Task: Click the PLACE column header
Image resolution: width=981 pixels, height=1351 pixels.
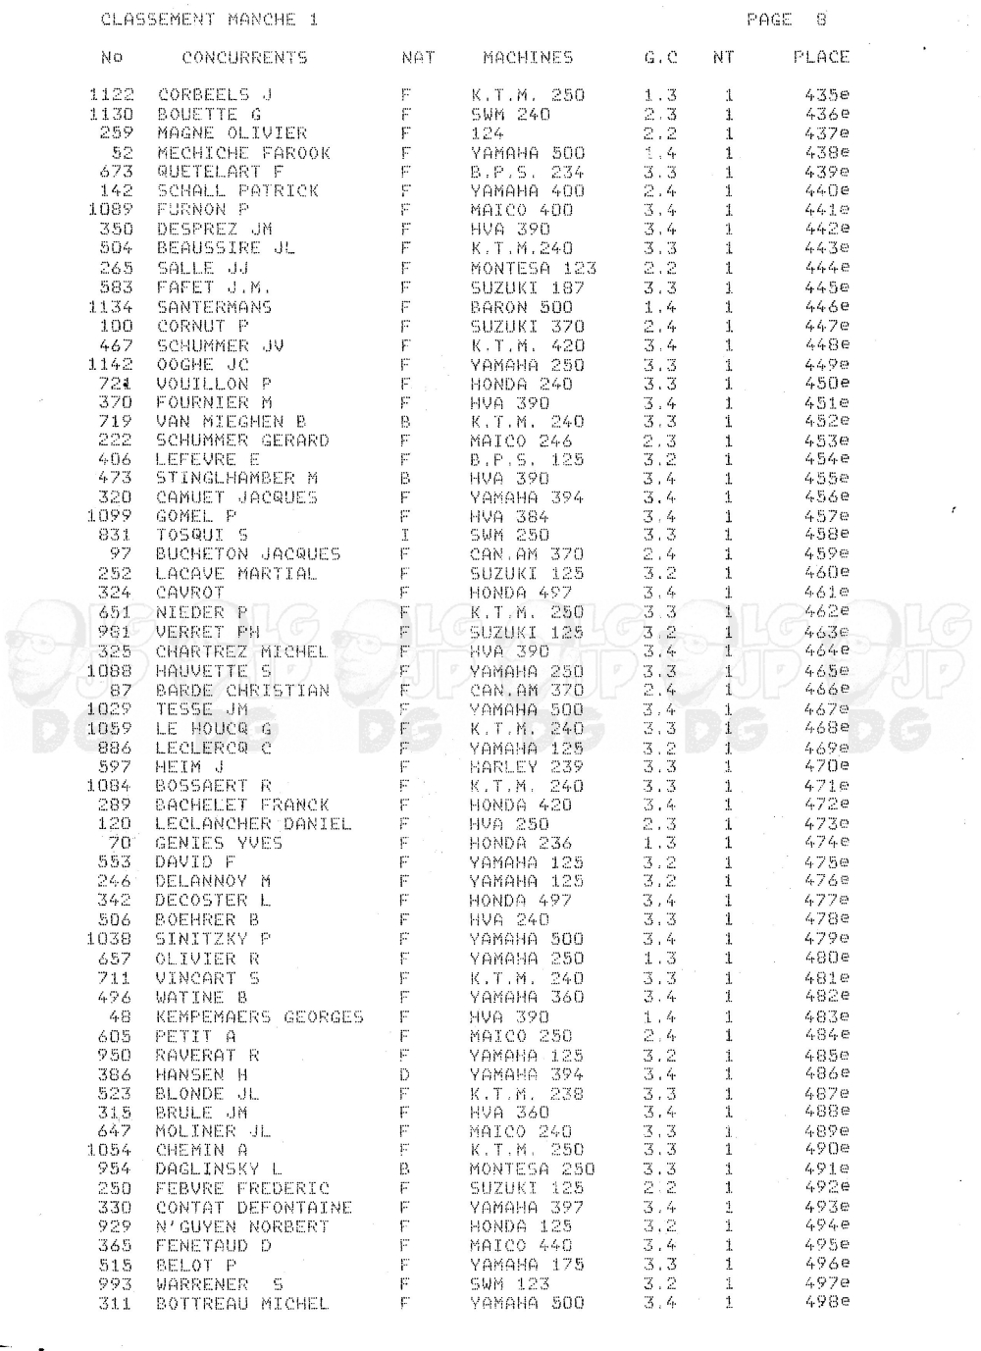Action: click(x=820, y=57)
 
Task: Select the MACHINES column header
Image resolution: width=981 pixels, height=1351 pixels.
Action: click(x=528, y=58)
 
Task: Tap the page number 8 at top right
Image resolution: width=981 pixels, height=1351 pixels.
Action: click(x=820, y=20)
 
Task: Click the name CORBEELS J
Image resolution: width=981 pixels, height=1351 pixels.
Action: click(x=215, y=95)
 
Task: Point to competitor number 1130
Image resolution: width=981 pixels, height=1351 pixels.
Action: click(x=111, y=114)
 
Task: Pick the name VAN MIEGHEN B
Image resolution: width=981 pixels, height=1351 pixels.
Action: click(x=231, y=421)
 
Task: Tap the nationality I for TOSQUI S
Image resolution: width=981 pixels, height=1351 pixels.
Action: click(x=404, y=536)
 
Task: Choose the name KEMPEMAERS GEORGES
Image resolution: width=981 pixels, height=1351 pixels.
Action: click(x=259, y=1016)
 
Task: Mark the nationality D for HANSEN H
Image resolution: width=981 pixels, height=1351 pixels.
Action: click(x=404, y=1074)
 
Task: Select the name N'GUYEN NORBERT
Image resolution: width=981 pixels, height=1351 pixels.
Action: click(x=242, y=1226)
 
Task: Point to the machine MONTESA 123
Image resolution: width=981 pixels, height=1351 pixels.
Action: click(x=533, y=268)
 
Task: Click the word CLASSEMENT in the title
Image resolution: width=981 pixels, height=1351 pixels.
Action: click(x=158, y=20)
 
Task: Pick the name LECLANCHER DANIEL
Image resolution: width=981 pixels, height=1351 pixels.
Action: click(x=252, y=824)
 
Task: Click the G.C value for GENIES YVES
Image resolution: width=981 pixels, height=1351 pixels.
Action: click(x=659, y=843)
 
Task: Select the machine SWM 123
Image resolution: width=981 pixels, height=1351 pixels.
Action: click(x=509, y=1284)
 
